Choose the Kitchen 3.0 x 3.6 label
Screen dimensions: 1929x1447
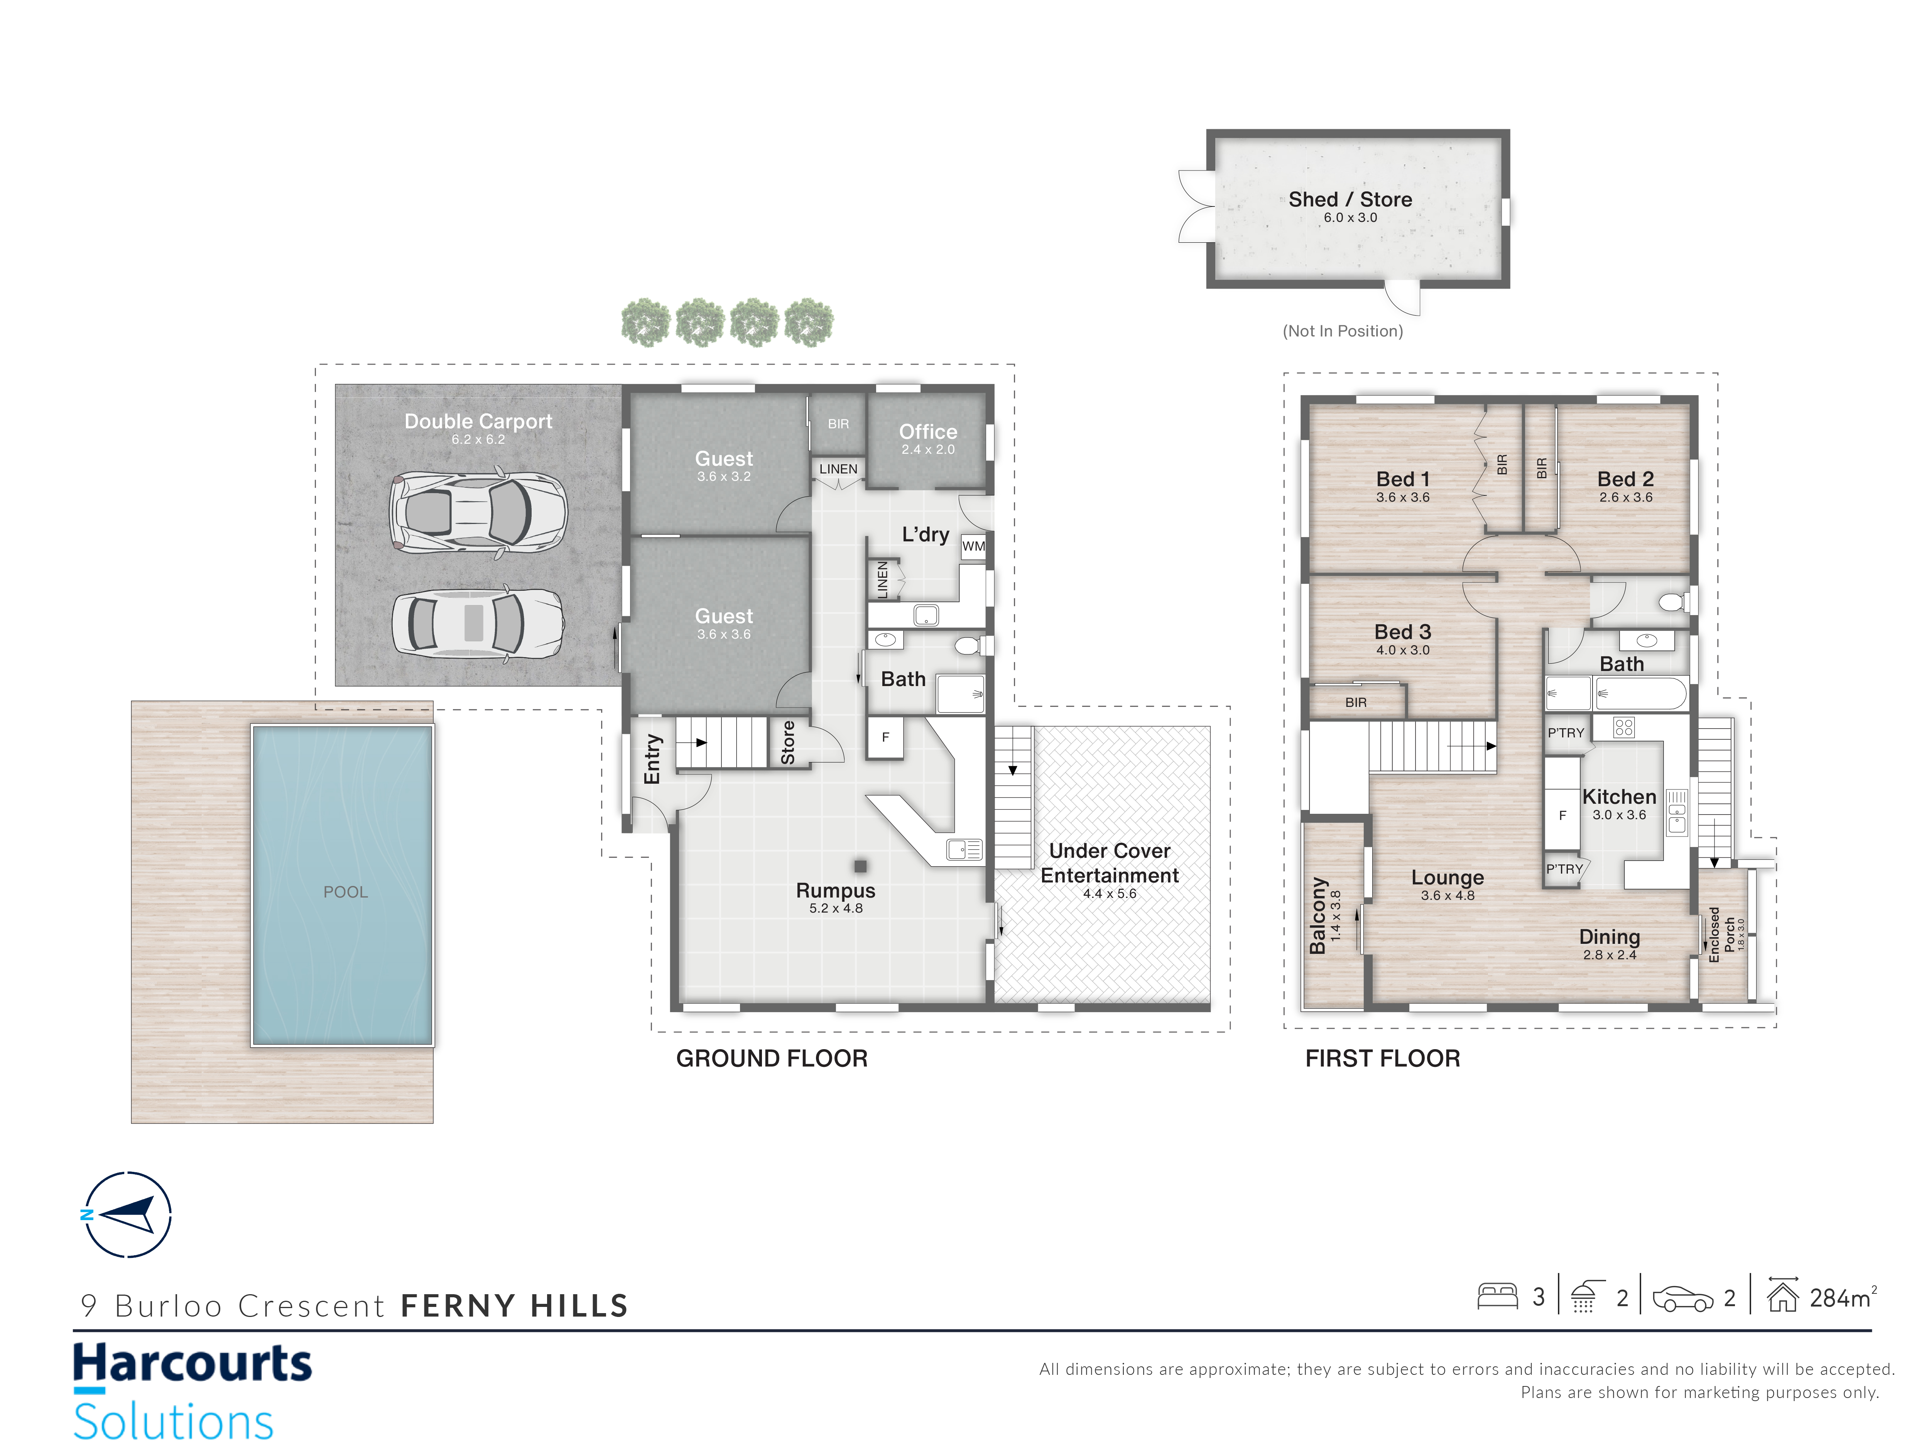(x=1620, y=804)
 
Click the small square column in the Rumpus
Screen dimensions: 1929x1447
(x=861, y=866)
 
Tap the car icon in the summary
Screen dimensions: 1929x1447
(x=1682, y=1299)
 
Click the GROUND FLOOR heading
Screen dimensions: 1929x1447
(x=772, y=1059)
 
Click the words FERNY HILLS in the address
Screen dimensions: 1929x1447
(x=515, y=1306)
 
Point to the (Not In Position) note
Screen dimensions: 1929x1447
(x=1343, y=331)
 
